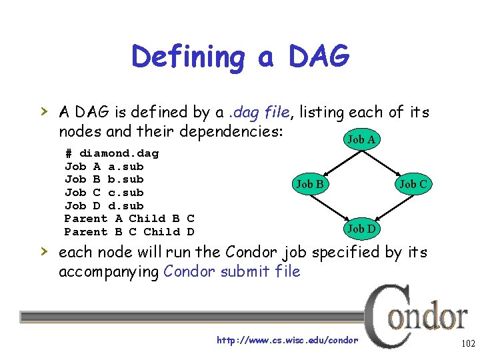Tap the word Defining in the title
pos(188,57)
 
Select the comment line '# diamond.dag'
pos(111,153)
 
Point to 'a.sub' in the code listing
pos(125,167)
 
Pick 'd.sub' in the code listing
pos(125,205)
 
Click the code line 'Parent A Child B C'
pos(129,219)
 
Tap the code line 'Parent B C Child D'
pos(129,232)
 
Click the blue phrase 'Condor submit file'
pos(231,271)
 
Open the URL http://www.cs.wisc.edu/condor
pos(287,341)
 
